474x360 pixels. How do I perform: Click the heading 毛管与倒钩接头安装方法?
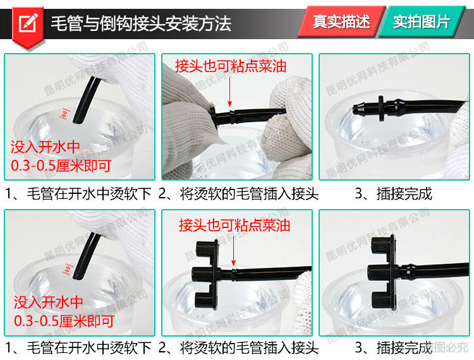pos(141,23)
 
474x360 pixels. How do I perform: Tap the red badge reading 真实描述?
pos(341,21)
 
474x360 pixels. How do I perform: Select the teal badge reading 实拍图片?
pos(421,21)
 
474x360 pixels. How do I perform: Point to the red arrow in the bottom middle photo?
pos(233,251)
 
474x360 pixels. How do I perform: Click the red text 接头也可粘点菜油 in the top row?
pos(230,66)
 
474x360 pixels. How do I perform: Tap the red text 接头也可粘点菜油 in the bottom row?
pos(234,225)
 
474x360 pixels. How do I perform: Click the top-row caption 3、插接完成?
pos(393,194)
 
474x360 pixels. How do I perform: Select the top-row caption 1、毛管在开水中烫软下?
pos(78,194)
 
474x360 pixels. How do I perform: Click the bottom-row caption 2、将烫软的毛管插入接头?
pos(238,347)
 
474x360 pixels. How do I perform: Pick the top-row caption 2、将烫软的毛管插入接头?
pos(238,194)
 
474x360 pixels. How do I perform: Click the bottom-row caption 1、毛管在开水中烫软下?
pos(78,347)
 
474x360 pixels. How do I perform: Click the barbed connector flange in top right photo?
pos(381,109)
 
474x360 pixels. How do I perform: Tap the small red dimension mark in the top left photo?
pos(64,114)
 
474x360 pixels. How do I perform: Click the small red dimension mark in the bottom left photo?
pos(68,270)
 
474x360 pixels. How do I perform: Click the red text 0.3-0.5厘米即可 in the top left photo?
pos(61,166)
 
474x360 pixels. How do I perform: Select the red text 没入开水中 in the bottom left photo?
pos(49,302)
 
